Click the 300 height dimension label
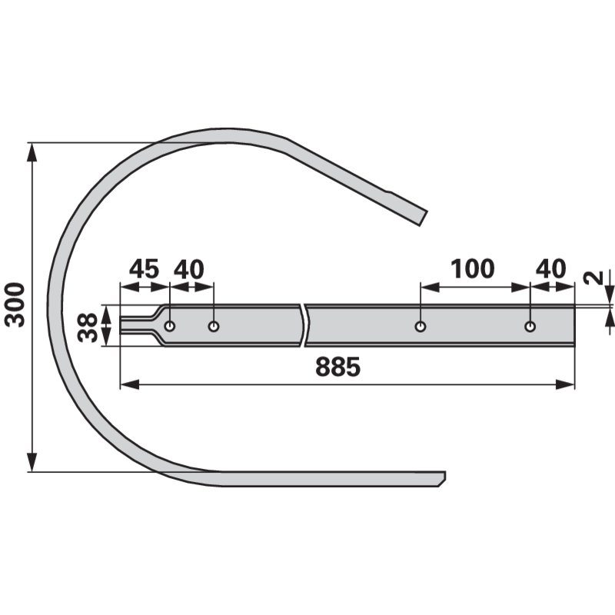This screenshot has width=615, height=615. coord(15,304)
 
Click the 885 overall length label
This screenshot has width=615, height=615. coord(337,367)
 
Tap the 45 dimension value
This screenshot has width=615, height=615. coord(144,269)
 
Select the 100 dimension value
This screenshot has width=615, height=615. coord(472,269)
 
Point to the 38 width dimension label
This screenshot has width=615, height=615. coord(88,327)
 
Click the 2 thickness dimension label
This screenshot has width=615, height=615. coord(593,278)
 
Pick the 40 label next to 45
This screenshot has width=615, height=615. coord(188,269)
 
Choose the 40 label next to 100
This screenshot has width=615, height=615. coord(550,269)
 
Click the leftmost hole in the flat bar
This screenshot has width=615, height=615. coord(170,326)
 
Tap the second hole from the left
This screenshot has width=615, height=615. coord(214,326)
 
